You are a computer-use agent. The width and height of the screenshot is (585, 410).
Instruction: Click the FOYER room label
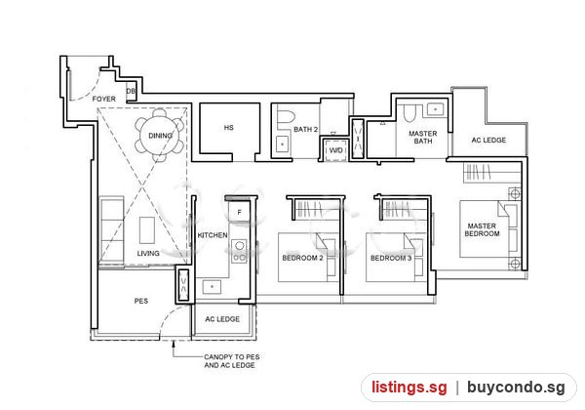pyautogui.click(x=103, y=99)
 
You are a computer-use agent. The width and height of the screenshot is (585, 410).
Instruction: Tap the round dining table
pyautogui.click(x=160, y=136)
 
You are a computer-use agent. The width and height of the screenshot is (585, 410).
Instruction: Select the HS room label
pyautogui.click(x=229, y=128)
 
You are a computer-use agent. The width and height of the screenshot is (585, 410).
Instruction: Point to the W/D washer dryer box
pyautogui.click(x=335, y=150)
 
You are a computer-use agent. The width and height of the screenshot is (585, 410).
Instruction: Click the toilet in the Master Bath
pyautogui.click(x=410, y=113)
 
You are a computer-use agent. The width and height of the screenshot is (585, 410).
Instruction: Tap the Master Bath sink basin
pyautogui.click(x=435, y=109)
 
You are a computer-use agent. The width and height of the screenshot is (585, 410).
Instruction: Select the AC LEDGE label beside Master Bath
pyautogui.click(x=488, y=140)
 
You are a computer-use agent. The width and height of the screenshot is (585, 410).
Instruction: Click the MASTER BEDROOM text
pyautogui.click(x=482, y=229)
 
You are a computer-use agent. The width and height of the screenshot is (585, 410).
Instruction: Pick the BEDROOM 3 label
pyautogui.click(x=391, y=258)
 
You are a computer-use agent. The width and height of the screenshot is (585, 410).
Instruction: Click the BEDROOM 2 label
pyautogui.click(x=302, y=258)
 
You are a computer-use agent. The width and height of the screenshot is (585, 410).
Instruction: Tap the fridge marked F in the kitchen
pyautogui.click(x=239, y=213)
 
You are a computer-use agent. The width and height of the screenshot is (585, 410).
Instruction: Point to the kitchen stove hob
pyautogui.click(x=240, y=251)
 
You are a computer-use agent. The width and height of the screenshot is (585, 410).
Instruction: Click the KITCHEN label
pyautogui.click(x=213, y=235)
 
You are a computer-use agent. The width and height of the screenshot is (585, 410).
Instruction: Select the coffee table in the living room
pyautogui.click(x=147, y=230)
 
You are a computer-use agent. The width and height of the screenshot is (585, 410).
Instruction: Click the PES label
pyautogui.click(x=141, y=301)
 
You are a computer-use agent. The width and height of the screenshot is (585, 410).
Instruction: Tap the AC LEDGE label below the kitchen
pyautogui.click(x=222, y=319)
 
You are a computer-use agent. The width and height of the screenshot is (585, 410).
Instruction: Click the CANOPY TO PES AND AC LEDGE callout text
pyautogui.click(x=232, y=361)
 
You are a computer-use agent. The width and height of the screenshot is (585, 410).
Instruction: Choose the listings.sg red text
pyautogui.click(x=409, y=388)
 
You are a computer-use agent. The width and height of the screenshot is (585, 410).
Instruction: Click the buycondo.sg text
pyautogui.click(x=516, y=388)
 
